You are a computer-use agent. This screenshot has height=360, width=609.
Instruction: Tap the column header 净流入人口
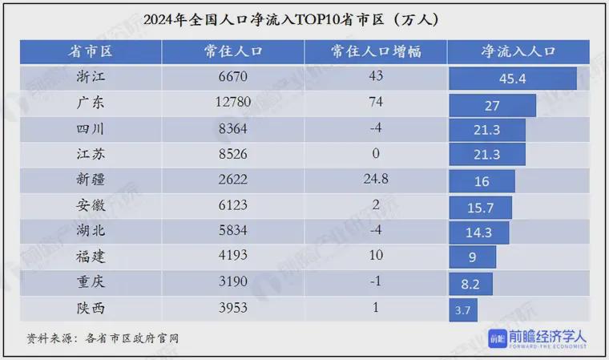coord(518,52)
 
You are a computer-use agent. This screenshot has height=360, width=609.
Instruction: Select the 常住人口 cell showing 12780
coord(233,103)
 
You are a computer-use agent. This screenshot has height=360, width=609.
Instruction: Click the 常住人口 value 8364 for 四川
coord(233,129)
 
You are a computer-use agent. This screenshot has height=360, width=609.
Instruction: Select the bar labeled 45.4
coord(513,79)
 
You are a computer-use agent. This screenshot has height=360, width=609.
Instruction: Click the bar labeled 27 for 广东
coord(493,104)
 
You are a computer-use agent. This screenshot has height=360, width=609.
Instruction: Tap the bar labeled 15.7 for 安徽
coord(482,207)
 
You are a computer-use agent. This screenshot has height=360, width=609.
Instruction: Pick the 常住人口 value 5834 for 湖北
coord(233,232)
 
